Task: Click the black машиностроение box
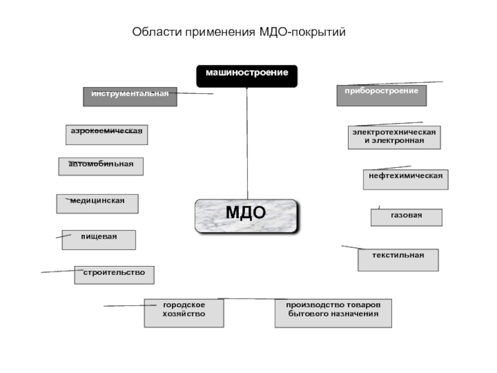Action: [247, 75]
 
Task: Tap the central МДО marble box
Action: [246, 215]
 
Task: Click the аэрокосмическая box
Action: [107, 134]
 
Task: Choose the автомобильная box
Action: [101, 166]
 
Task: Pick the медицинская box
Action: [97, 203]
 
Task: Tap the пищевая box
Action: [98, 239]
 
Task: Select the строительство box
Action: [114, 275]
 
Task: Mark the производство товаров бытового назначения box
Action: [333, 313]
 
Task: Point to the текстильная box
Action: [398, 259]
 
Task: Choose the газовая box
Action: [406, 217]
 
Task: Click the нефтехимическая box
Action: [405, 179]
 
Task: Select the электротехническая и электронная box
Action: [394, 137]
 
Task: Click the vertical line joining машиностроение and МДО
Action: [247, 143]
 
